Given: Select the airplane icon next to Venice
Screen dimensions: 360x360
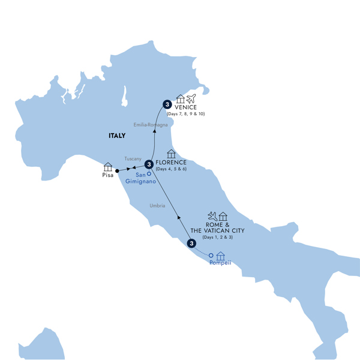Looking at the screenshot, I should tap(192, 98).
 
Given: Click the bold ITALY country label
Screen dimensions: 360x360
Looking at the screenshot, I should tap(117, 136).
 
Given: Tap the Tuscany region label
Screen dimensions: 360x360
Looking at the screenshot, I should tap(132, 158).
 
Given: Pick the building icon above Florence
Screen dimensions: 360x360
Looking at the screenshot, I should tap(172, 154).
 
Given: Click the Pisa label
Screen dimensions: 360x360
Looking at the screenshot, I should tap(108, 176).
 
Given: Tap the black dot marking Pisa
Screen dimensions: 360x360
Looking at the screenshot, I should tap(118, 171).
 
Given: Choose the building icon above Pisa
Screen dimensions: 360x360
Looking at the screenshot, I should tap(108, 166).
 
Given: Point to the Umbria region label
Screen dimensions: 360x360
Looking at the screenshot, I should tap(157, 206).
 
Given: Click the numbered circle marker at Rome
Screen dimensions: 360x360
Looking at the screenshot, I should tap(191, 244).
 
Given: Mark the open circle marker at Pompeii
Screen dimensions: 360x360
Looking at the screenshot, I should tap(211, 256).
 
